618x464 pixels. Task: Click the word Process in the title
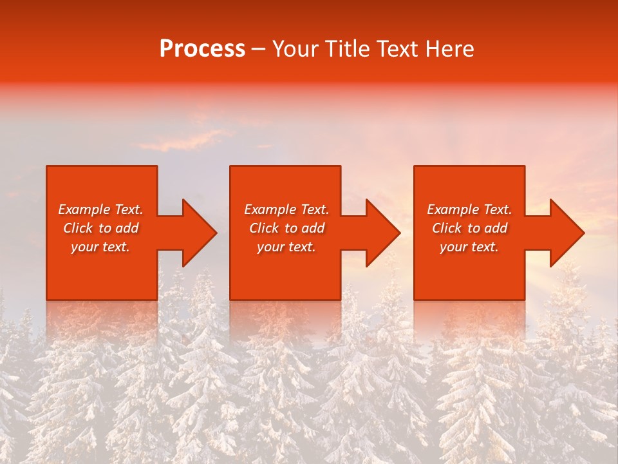(202, 49)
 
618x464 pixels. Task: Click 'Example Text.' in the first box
(100, 209)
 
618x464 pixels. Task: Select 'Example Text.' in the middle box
(286, 209)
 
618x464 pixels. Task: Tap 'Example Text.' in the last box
(469, 209)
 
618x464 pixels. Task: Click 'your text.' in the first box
(100, 247)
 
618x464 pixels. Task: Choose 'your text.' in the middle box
(286, 247)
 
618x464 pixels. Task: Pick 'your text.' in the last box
(469, 247)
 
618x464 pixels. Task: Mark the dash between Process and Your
(258, 50)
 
